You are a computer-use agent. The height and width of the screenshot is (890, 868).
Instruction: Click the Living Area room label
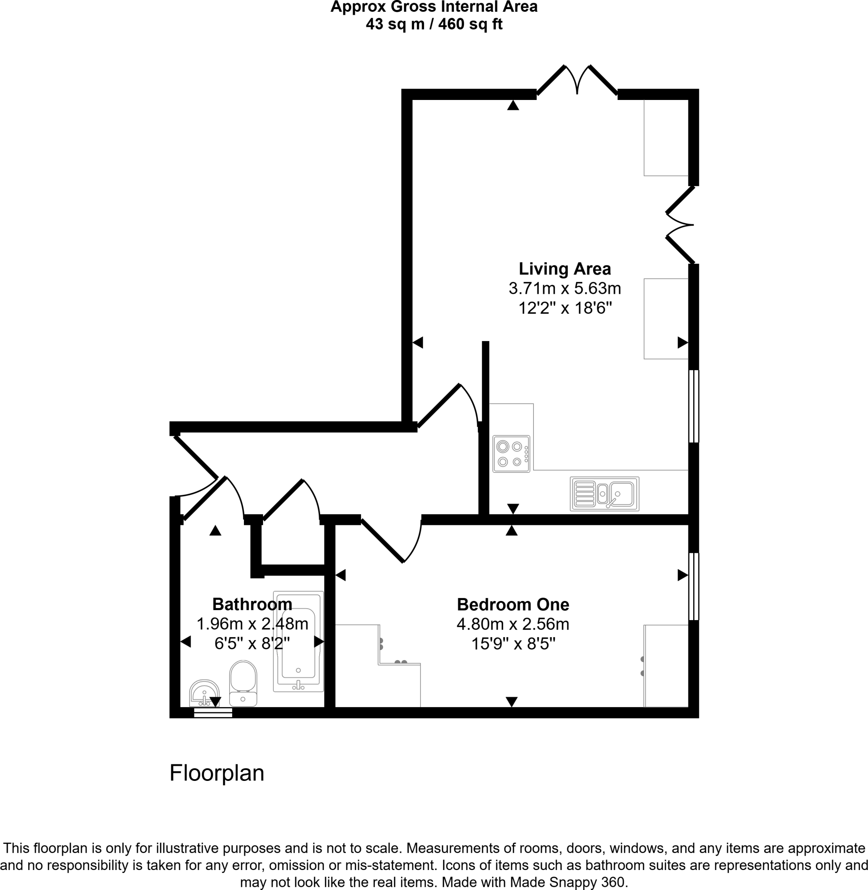(x=564, y=269)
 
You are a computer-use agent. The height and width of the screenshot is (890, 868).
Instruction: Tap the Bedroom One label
(x=513, y=605)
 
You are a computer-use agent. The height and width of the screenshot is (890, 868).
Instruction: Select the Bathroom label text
(x=252, y=604)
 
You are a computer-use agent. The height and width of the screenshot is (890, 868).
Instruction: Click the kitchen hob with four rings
(x=511, y=454)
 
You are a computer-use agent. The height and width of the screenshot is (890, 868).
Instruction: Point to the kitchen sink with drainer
(x=604, y=494)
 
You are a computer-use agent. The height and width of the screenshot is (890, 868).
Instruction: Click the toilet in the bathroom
(x=243, y=683)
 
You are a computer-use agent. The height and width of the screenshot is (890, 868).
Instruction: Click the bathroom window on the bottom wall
(x=213, y=712)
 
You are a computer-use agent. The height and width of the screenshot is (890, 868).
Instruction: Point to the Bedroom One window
(x=693, y=586)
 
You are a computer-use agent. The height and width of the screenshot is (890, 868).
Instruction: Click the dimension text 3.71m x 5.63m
(x=564, y=289)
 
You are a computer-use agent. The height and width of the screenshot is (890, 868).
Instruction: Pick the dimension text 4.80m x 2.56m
(x=513, y=624)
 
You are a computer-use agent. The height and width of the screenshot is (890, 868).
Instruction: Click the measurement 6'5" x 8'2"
(x=252, y=644)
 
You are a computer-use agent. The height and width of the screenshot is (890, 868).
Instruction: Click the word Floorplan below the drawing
(x=217, y=773)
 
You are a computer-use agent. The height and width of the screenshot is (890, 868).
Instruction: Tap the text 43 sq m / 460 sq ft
(x=434, y=24)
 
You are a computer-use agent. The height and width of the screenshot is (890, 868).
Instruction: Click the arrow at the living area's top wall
(x=513, y=105)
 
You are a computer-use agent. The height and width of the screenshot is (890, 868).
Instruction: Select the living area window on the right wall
(x=693, y=406)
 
